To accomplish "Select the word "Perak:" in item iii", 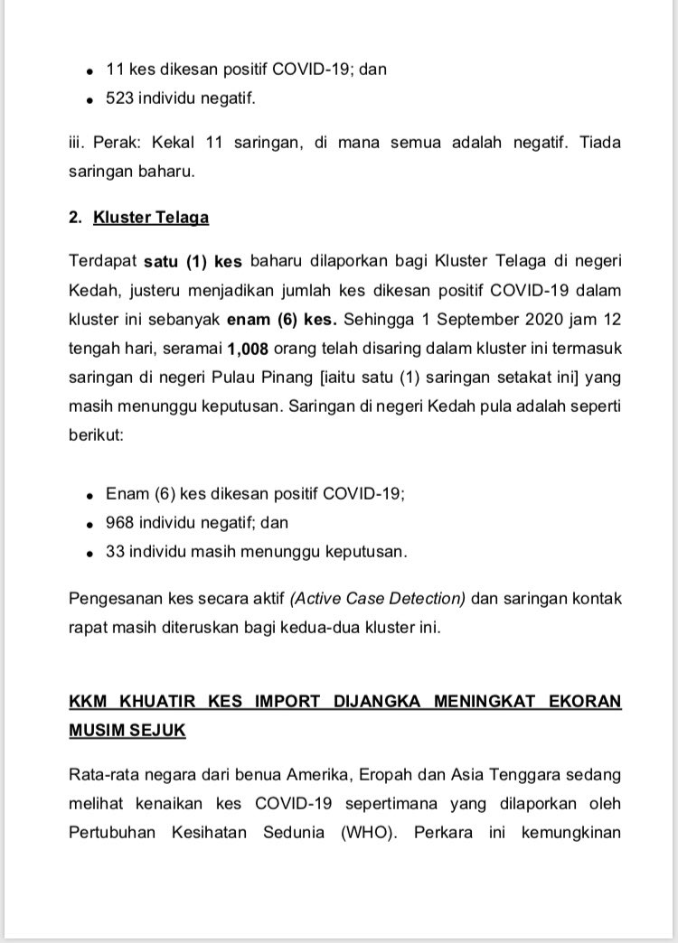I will click(x=115, y=143).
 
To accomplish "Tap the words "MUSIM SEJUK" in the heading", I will click(x=127, y=729).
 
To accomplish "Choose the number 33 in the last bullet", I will click(x=116, y=550).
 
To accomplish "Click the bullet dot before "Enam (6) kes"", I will click(x=89, y=496).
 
